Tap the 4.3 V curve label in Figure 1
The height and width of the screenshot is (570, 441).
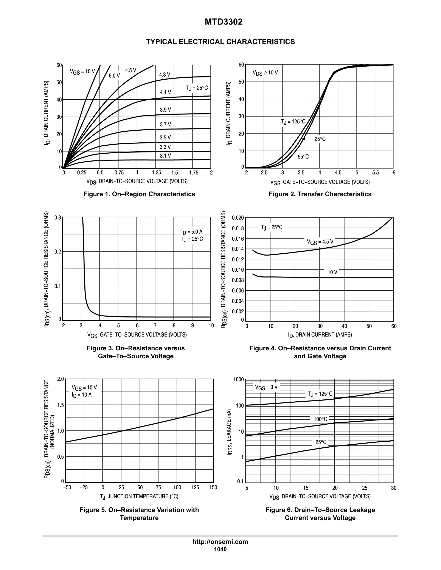point(165,75)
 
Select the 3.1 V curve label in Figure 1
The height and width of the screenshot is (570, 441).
point(165,156)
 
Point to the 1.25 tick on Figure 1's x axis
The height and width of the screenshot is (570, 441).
point(156,173)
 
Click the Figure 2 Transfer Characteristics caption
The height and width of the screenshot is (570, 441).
point(320,194)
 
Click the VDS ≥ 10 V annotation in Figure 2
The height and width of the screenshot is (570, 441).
point(265,73)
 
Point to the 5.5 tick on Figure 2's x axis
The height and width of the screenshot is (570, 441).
point(375,173)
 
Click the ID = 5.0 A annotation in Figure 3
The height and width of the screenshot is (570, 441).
point(192,232)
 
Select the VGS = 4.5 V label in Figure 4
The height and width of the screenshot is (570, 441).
point(320,242)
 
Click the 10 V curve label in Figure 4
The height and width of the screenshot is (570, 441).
point(332,272)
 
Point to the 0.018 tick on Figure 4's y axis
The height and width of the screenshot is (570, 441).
point(238,228)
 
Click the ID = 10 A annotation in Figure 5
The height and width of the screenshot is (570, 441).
point(82,395)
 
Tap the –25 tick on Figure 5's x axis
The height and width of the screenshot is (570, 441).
point(84,488)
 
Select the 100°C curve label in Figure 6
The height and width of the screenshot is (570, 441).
point(320,419)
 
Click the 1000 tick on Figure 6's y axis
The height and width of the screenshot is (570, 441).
point(239,379)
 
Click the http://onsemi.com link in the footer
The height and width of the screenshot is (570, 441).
point(220,542)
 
